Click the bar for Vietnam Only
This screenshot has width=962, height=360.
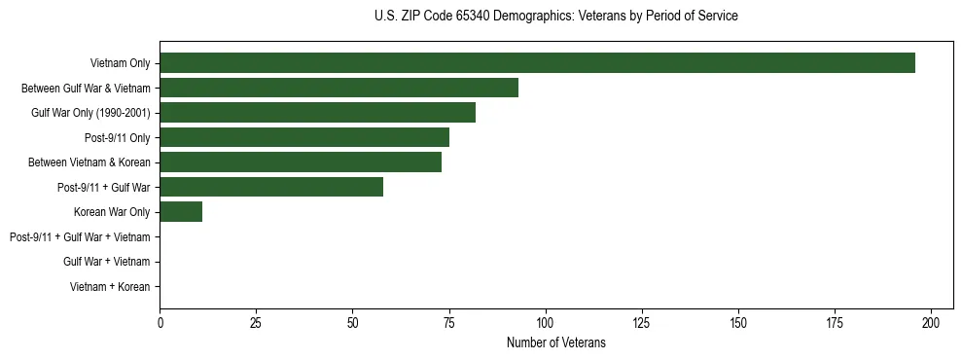point(537,63)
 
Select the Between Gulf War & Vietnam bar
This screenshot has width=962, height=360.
point(338,88)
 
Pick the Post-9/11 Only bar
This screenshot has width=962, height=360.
point(304,137)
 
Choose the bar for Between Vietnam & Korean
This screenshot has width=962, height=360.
point(301,162)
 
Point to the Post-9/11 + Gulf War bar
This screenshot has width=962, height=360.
point(271,187)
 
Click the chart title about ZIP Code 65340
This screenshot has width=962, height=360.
point(555,17)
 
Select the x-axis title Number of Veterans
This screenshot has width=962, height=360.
point(555,342)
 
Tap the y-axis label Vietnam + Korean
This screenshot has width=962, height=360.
point(110,287)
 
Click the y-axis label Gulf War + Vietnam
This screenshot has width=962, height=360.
point(106,262)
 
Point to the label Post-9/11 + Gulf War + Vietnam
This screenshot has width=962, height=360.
point(80,236)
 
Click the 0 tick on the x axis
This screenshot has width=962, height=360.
point(160,322)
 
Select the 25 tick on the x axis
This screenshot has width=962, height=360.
point(256,322)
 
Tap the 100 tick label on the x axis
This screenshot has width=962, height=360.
point(546,322)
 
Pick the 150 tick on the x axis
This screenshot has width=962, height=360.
point(738,322)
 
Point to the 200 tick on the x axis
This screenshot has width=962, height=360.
point(931,322)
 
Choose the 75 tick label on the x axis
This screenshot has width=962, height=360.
point(449,322)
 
